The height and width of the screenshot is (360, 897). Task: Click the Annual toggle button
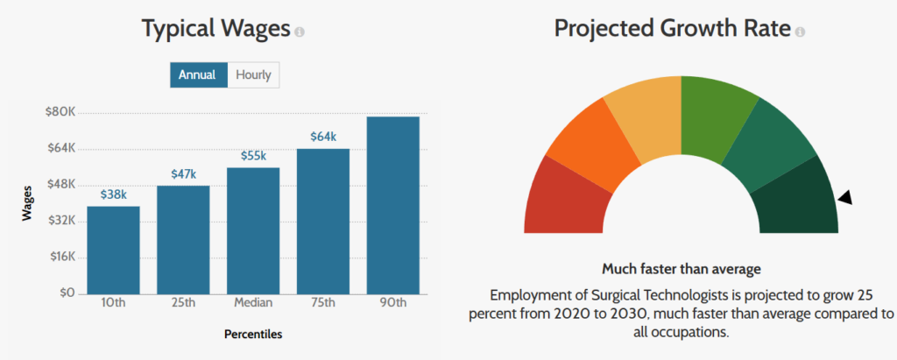coord(198,74)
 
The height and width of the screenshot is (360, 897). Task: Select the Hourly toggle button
coord(253,74)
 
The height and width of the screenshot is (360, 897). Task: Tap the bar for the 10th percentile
coord(113,250)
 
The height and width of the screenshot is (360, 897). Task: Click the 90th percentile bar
coord(393,205)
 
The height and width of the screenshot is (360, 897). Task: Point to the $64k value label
coord(323,137)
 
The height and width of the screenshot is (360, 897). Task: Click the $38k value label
coord(113,194)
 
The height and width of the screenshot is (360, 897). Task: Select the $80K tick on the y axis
coord(60,112)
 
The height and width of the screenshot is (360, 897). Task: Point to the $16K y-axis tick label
coord(60,257)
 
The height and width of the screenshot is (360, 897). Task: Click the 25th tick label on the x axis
coord(183,303)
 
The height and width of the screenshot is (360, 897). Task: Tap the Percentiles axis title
coord(252,334)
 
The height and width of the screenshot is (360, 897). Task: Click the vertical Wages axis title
coord(28,202)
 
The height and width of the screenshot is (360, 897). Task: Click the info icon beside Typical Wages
coord(300,32)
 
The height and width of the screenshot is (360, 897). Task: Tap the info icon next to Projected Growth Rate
coord(799,32)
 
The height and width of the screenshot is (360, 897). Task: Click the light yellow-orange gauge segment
coord(641,118)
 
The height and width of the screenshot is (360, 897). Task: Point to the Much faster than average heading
coord(681,268)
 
